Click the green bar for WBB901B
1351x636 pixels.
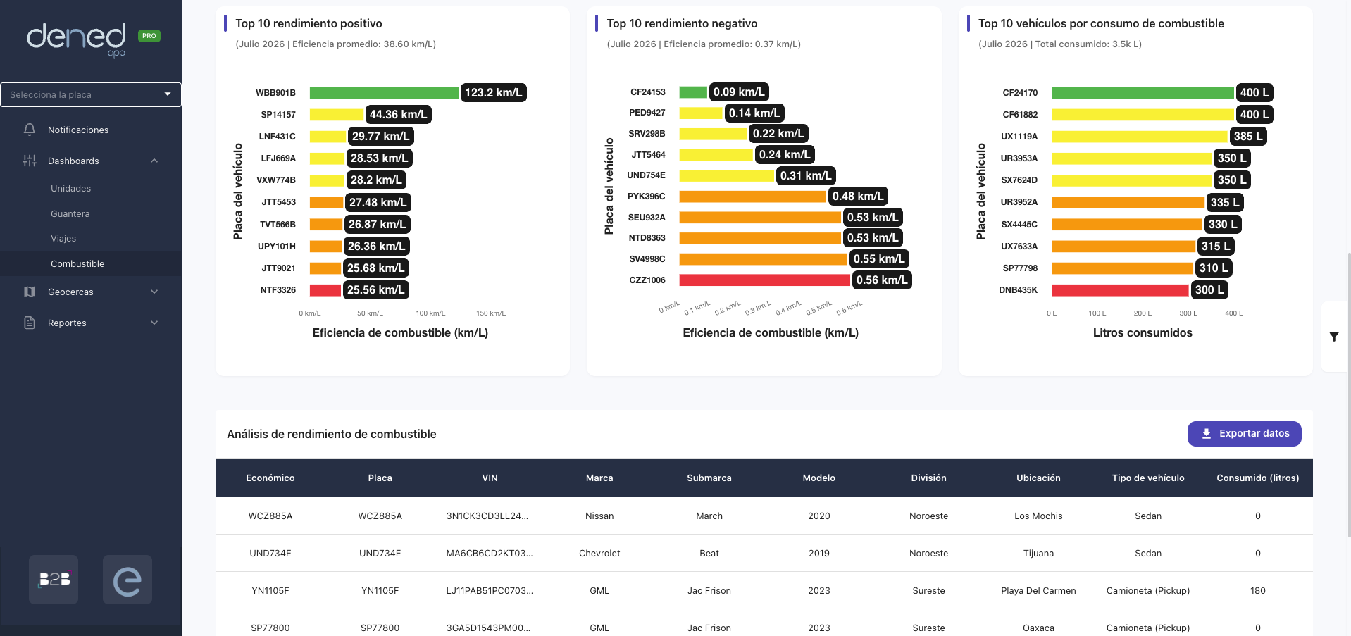click(384, 92)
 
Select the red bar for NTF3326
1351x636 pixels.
click(325, 289)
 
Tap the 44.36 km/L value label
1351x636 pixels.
click(398, 114)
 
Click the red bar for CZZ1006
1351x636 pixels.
click(764, 280)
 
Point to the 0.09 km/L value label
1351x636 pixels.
click(739, 92)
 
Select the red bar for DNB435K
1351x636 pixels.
click(1120, 289)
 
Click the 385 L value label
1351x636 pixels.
click(1249, 136)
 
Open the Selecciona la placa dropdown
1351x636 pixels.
click(91, 94)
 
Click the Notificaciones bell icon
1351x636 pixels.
click(30, 130)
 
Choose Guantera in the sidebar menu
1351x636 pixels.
click(70, 213)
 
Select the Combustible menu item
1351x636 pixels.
click(77, 263)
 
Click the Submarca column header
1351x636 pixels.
click(709, 478)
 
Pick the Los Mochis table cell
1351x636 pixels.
click(1038, 516)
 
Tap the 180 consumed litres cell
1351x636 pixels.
click(1258, 590)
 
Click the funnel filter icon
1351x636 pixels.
click(1334, 337)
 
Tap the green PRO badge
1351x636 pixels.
click(149, 36)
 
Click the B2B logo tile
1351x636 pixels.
click(54, 580)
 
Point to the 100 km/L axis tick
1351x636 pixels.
click(430, 313)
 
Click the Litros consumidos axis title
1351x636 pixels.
click(1143, 332)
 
